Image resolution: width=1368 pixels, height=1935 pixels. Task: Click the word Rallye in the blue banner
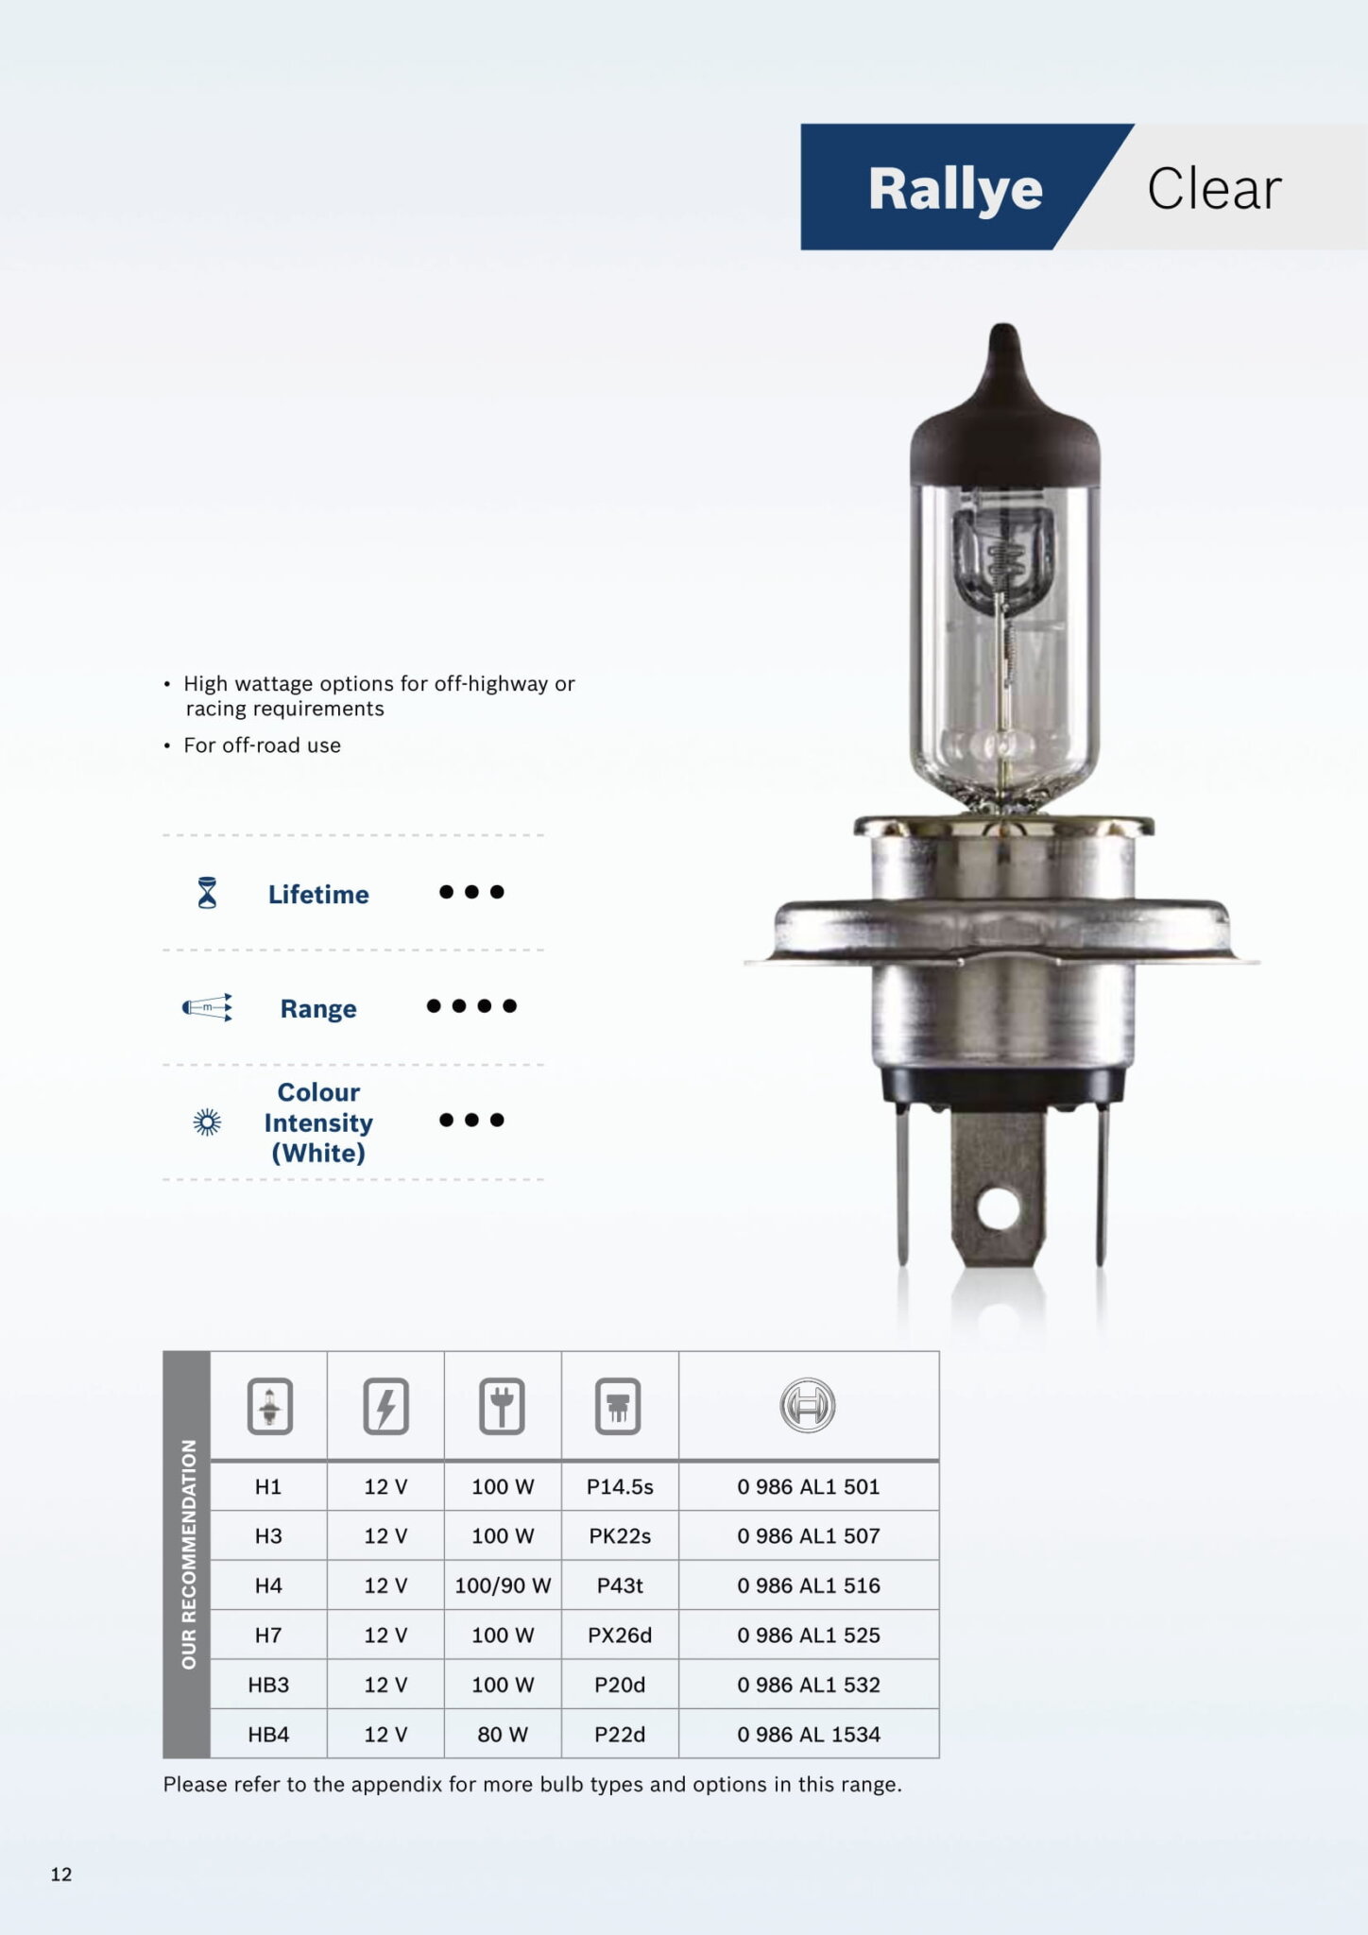pos(954,189)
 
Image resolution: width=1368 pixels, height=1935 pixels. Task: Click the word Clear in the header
pos(1214,189)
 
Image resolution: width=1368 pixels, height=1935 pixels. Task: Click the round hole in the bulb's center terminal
pos(998,1210)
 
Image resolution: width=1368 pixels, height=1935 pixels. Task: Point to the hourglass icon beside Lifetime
pos(207,893)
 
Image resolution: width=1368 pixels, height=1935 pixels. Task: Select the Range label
pos(318,1008)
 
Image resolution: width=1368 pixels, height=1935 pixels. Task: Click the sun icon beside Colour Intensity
pos(207,1122)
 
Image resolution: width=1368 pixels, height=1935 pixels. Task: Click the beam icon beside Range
pos(207,1007)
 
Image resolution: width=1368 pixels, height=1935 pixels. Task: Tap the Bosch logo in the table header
pos(808,1405)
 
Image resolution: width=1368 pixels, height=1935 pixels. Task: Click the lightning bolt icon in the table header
pos(385,1407)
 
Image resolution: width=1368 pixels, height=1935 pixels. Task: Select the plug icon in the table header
pos(503,1407)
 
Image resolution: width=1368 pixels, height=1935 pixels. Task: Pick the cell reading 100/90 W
pos(503,1585)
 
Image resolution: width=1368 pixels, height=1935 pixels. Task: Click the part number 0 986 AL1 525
pos(808,1635)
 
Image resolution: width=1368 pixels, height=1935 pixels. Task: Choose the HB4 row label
pos(268,1734)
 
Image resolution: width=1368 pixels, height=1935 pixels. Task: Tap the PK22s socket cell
pos(620,1536)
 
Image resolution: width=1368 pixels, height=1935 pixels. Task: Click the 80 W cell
pos(503,1734)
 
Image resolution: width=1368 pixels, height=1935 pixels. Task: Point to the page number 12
pos(61,1875)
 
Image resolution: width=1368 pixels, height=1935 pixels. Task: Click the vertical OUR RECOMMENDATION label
pos(188,1554)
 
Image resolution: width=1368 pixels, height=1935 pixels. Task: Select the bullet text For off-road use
pos(262,745)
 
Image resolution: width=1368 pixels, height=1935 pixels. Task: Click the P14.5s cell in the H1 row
pos(620,1486)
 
